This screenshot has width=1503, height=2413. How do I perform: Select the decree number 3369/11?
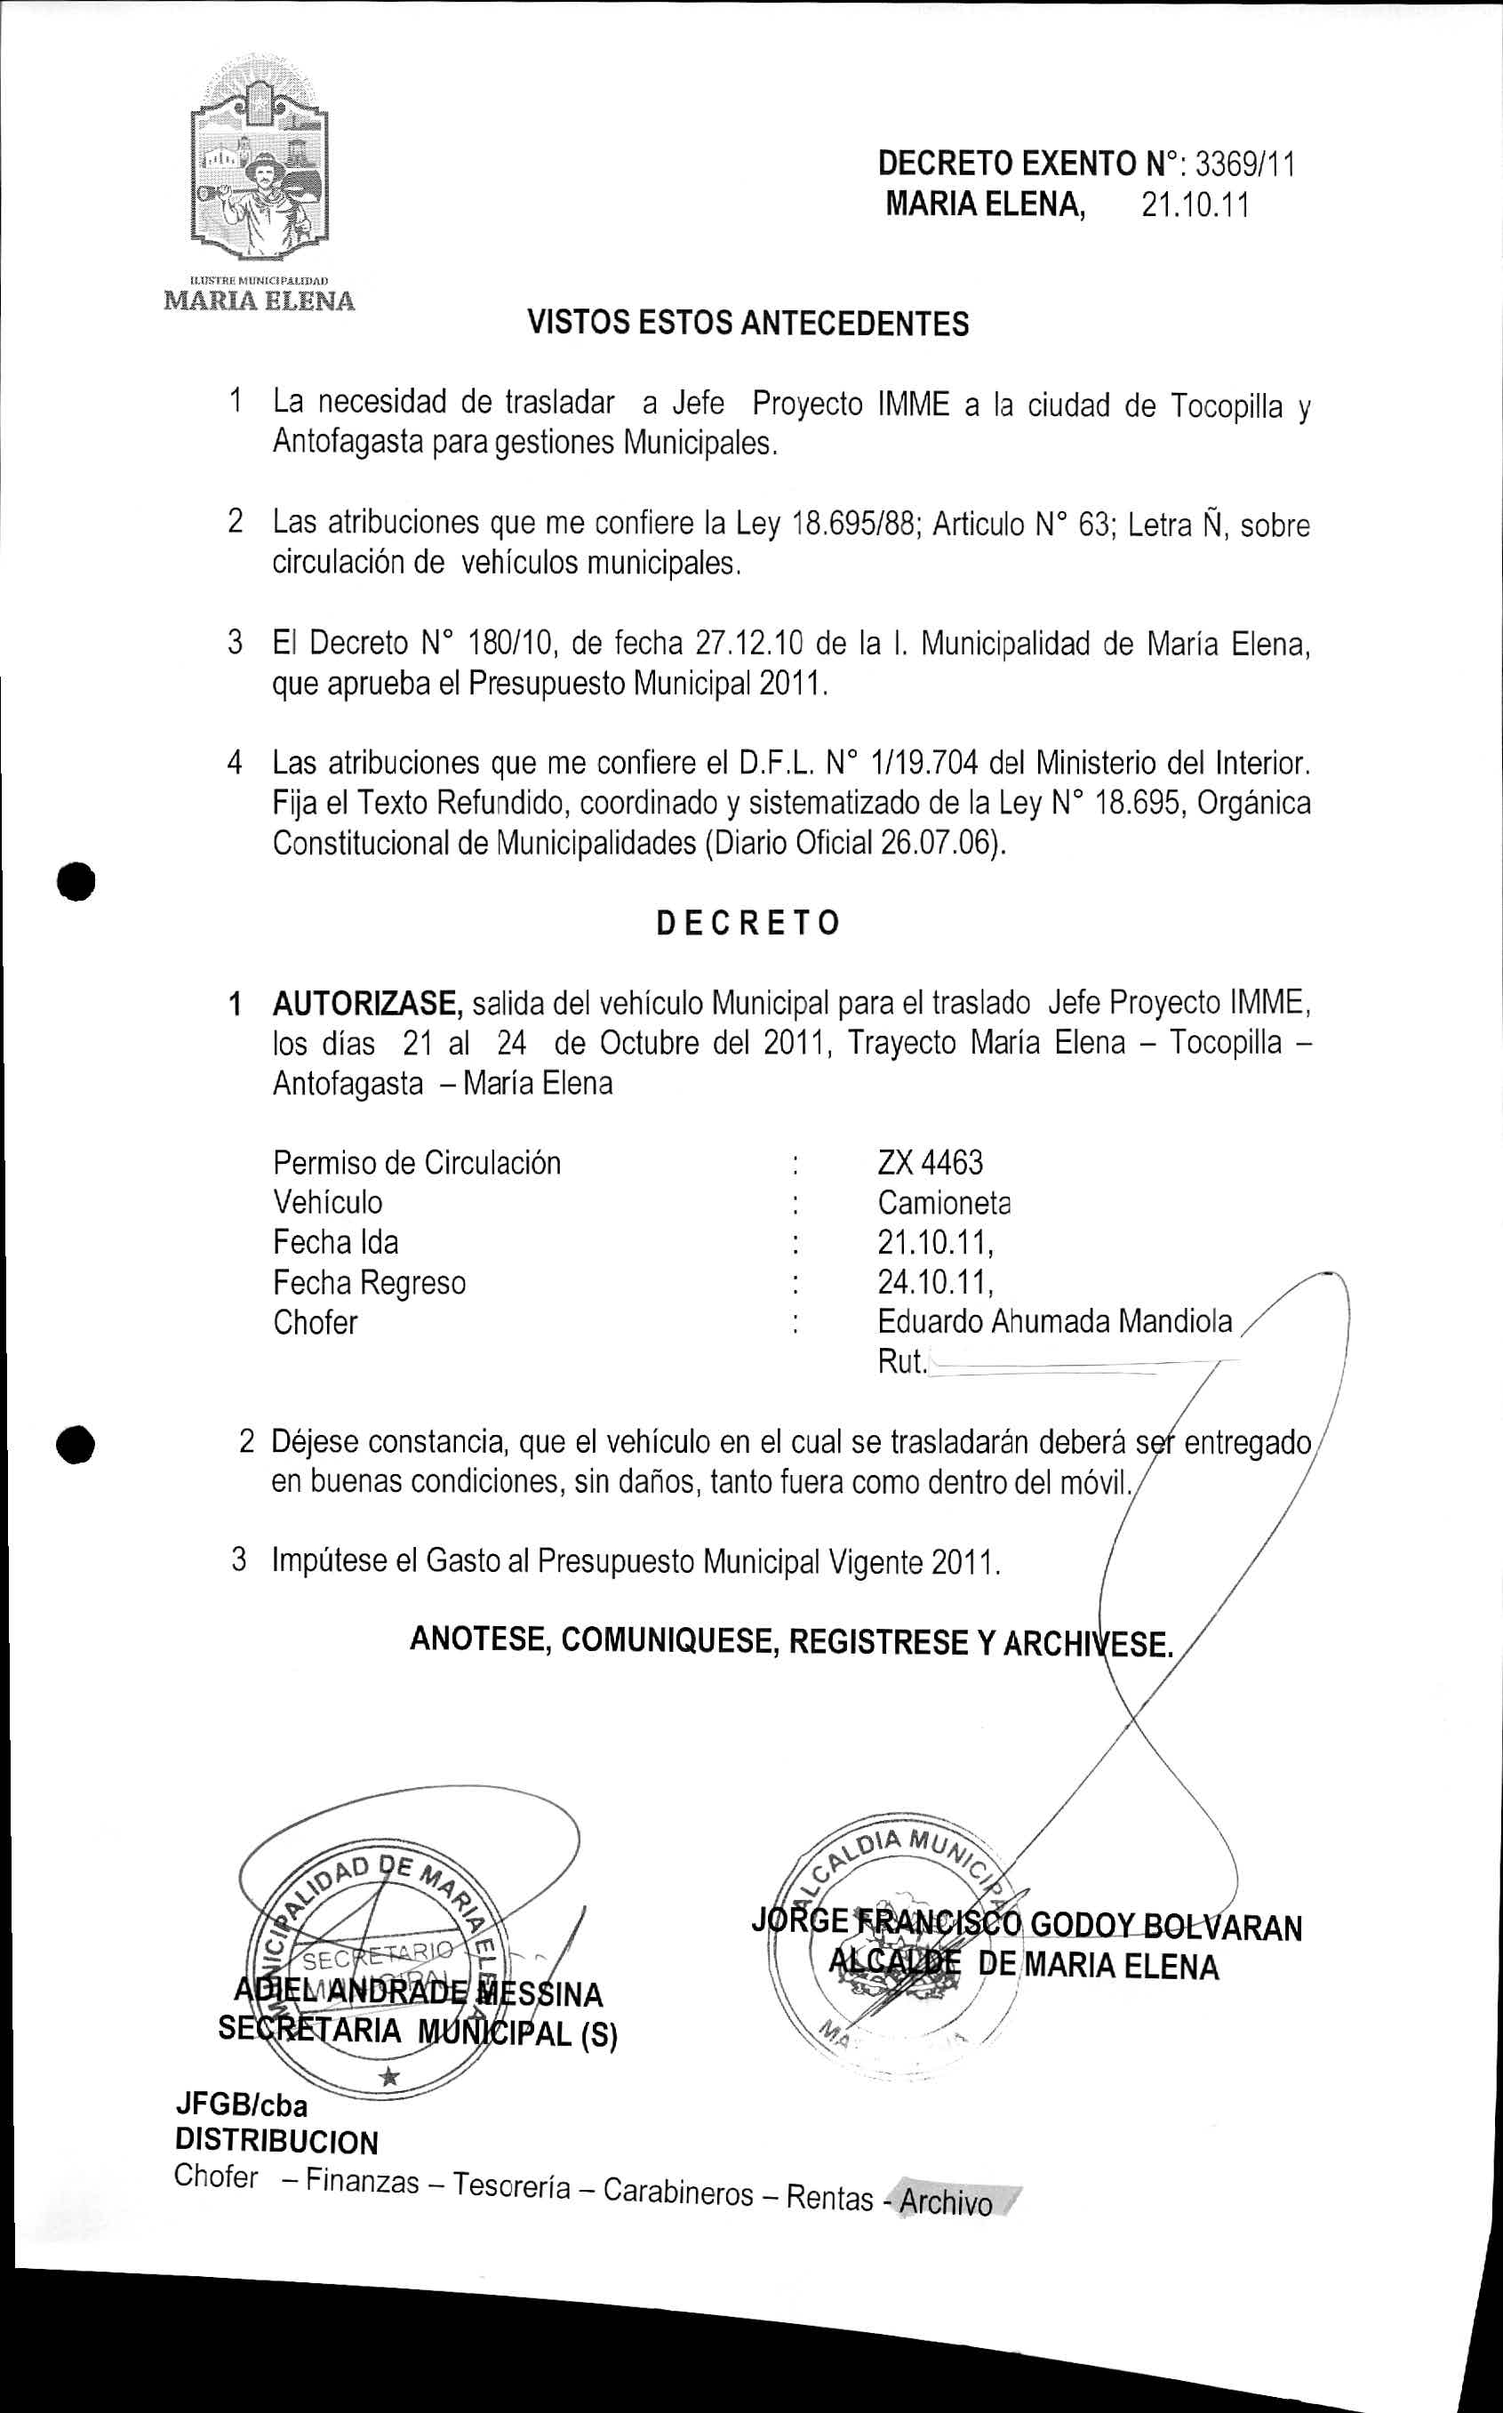pos(1245,163)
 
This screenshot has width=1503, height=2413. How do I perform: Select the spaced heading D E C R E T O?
pos(748,923)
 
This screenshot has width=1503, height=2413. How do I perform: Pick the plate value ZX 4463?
pos(930,1162)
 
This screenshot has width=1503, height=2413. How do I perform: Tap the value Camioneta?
pos(943,1203)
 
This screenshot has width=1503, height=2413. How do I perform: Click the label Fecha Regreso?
pos(369,1283)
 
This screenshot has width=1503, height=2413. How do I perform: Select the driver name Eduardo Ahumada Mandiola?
pos(1053,1321)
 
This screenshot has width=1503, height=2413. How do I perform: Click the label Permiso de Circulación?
pos(417,1162)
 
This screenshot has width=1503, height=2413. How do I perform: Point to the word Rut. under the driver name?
pos(900,1362)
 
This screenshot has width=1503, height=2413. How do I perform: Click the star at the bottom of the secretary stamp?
pos(389,2077)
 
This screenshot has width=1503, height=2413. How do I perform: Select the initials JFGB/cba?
pos(242,2104)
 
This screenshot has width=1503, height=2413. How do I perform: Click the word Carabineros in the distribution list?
pos(678,2192)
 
